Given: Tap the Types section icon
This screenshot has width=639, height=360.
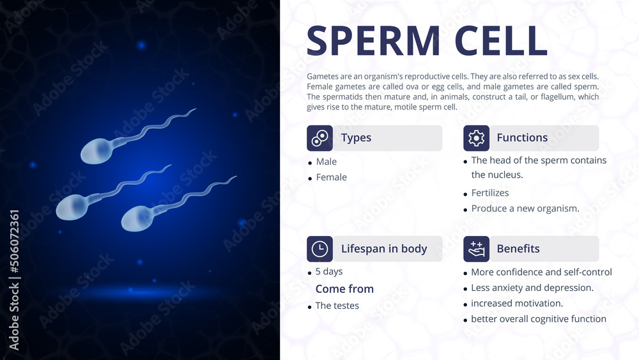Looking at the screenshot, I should click(319, 138).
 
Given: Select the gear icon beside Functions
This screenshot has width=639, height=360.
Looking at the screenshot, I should click(476, 138).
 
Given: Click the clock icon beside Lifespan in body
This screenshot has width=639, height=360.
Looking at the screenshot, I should click(319, 249).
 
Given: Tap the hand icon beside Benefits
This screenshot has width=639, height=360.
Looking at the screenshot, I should click(476, 249).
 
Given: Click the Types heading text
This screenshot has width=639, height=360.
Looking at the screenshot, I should click(356, 138).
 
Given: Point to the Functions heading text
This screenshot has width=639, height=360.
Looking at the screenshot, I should click(522, 138).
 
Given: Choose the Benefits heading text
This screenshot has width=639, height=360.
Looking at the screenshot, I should click(518, 249).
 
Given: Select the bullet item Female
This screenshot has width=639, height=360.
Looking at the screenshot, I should click(331, 178).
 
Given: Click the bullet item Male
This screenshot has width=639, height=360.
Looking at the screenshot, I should click(326, 162).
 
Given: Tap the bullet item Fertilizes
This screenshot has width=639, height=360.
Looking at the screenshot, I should click(490, 193).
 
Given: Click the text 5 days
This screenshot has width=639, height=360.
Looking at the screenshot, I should click(328, 272).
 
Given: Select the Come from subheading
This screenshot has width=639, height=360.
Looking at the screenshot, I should click(344, 289).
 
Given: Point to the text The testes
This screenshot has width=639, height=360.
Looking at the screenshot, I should click(337, 306).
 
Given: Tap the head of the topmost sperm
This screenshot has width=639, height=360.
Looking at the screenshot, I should click(96, 151).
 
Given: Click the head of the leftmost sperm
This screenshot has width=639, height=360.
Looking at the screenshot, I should click(72, 207).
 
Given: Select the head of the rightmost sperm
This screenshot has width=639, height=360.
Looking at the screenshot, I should click(137, 217).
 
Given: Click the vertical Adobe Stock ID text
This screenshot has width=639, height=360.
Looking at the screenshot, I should click(14, 279).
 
